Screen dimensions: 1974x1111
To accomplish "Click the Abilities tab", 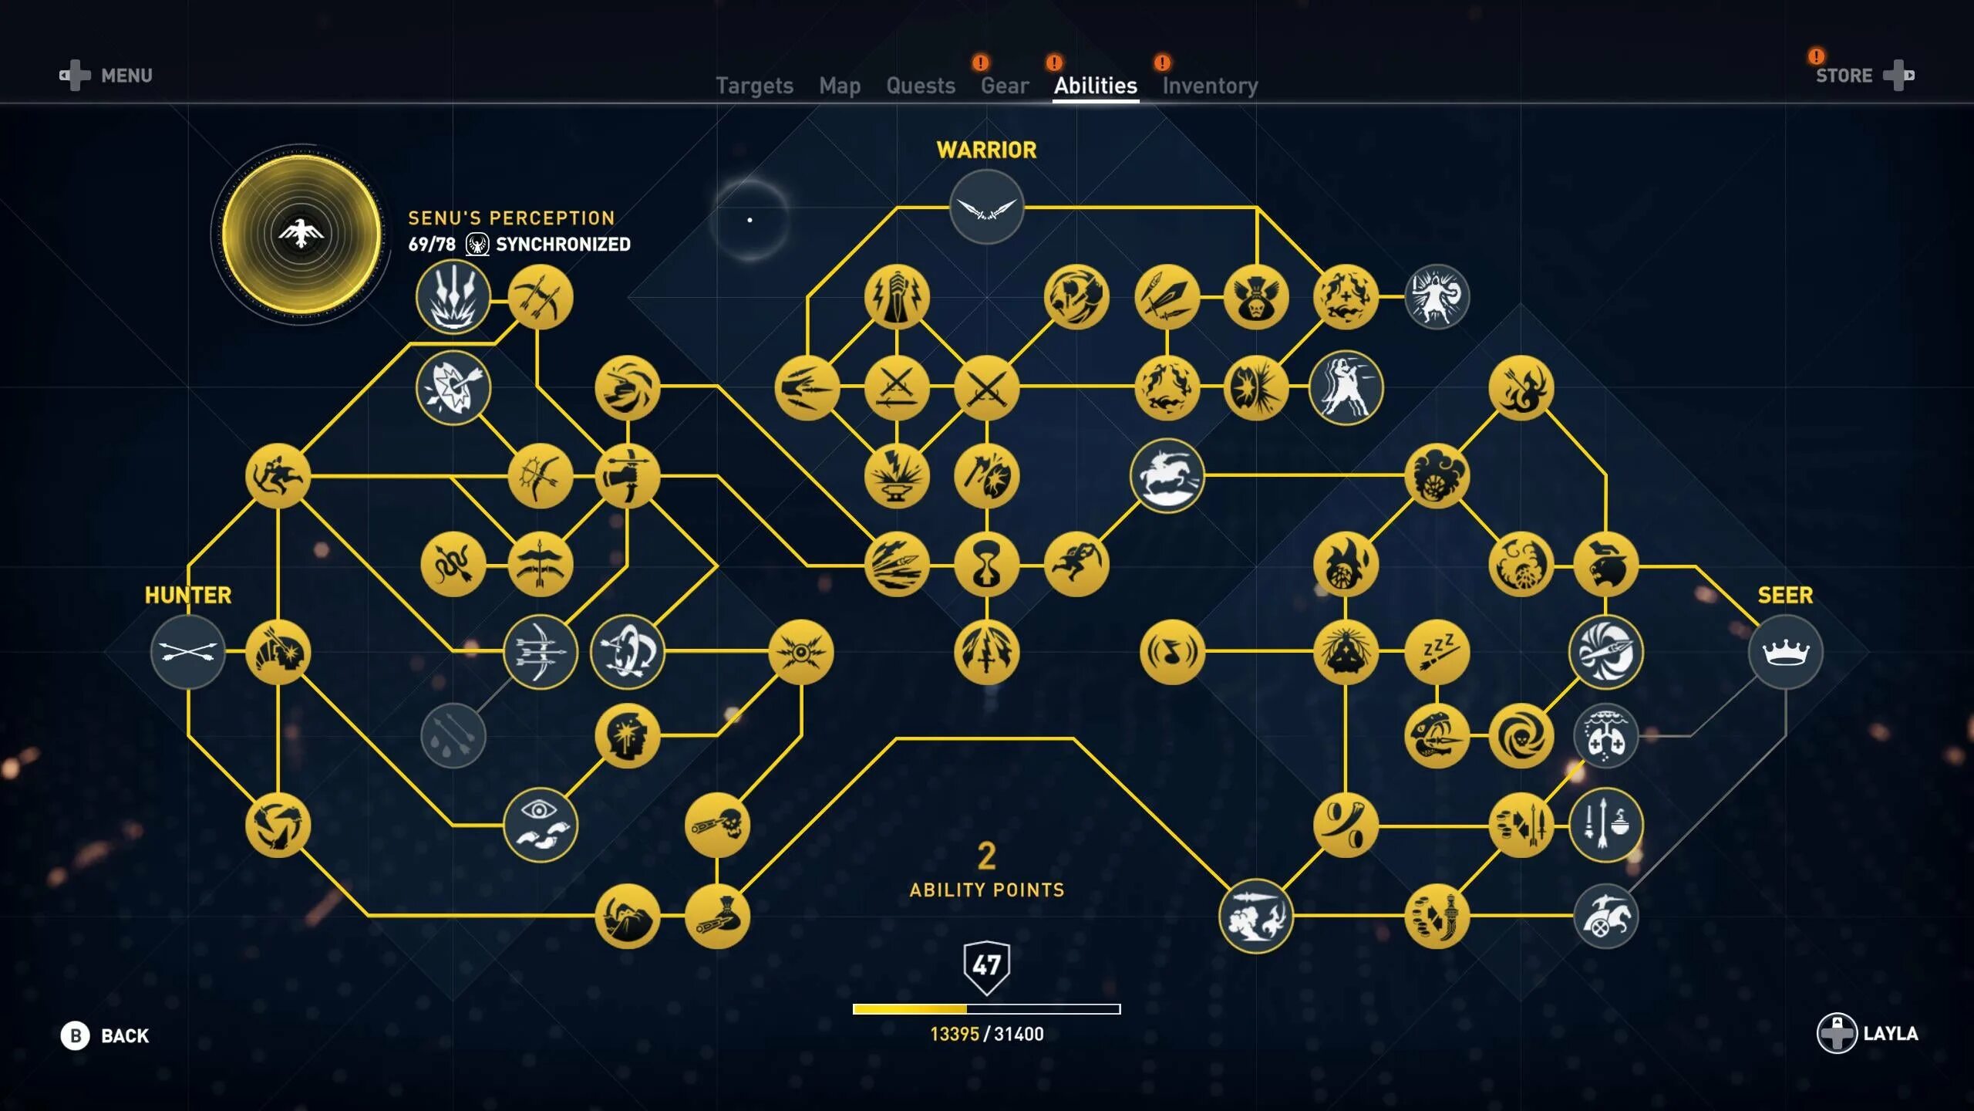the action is [1095, 86].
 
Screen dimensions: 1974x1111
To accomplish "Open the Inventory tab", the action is [1210, 86].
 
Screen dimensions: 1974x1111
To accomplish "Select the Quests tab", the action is [920, 86].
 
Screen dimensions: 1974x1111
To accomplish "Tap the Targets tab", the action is [754, 86].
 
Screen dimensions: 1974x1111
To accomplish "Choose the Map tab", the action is [839, 86].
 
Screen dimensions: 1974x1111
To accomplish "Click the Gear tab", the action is [1004, 86].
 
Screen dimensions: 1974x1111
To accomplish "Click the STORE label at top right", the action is [1844, 76].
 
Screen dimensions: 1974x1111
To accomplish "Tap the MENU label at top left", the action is [126, 76].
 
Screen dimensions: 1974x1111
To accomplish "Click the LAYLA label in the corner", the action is [1890, 1033].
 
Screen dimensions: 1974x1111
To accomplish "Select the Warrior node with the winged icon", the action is [986, 207].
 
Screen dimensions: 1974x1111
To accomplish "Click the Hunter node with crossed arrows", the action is [187, 652].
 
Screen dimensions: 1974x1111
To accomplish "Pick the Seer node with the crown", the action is [1785, 652].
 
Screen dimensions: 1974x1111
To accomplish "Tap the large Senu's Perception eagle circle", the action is [301, 233].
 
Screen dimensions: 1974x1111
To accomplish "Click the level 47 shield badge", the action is [986, 965].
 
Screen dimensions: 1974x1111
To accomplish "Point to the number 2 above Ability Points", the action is [986, 856].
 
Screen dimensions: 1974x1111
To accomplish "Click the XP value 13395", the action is [954, 1034].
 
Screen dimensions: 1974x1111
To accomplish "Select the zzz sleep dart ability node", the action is [1437, 652].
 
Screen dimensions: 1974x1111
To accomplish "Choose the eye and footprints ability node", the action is [540, 825].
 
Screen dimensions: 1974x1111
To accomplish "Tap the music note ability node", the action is [1171, 652].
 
